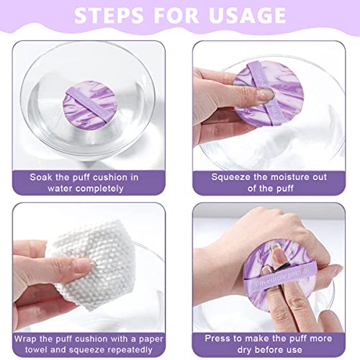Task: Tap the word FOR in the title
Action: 177,17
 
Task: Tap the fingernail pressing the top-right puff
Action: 265,94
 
